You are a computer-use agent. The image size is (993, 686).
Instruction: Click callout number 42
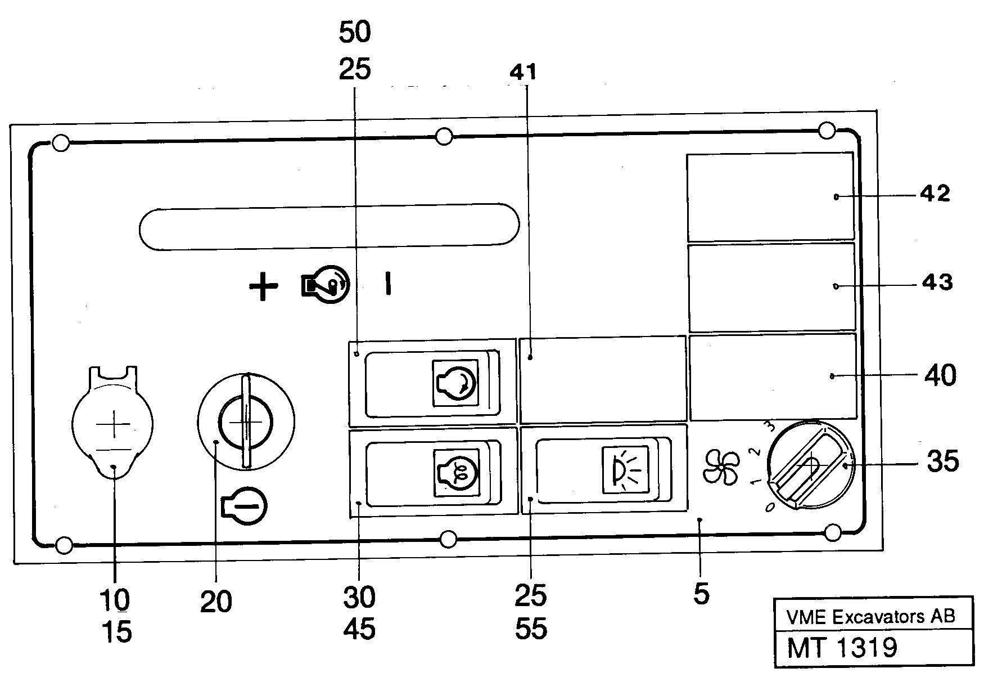[x=935, y=194]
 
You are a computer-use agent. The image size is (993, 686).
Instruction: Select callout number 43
[x=937, y=282]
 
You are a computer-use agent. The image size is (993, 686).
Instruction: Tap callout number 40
[x=940, y=375]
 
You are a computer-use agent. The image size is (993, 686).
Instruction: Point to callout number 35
[x=942, y=462]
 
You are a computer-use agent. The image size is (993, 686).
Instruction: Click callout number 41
[x=523, y=72]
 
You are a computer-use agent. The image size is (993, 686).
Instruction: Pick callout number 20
[x=216, y=602]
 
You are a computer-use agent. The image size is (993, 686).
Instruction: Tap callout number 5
[x=701, y=594]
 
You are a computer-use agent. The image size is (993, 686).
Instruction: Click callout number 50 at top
[x=355, y=33]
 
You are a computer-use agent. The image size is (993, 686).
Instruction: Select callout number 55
[x=530, y=629]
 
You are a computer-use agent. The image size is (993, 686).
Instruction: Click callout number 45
[x=359, y=629]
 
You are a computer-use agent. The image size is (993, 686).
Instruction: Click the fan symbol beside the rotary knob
[x=721, y=467]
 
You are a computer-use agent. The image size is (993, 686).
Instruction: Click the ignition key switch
[x=246, y=421]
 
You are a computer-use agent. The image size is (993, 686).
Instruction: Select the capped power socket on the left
[x=112, y=424]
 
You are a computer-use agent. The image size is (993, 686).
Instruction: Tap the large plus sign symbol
[x=263, y=287]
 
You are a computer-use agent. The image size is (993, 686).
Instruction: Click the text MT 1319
[x=842, y=648]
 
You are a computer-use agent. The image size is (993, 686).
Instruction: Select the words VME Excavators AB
[x=871, y=617]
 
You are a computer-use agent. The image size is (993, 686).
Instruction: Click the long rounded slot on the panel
[x=329, y=225]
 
